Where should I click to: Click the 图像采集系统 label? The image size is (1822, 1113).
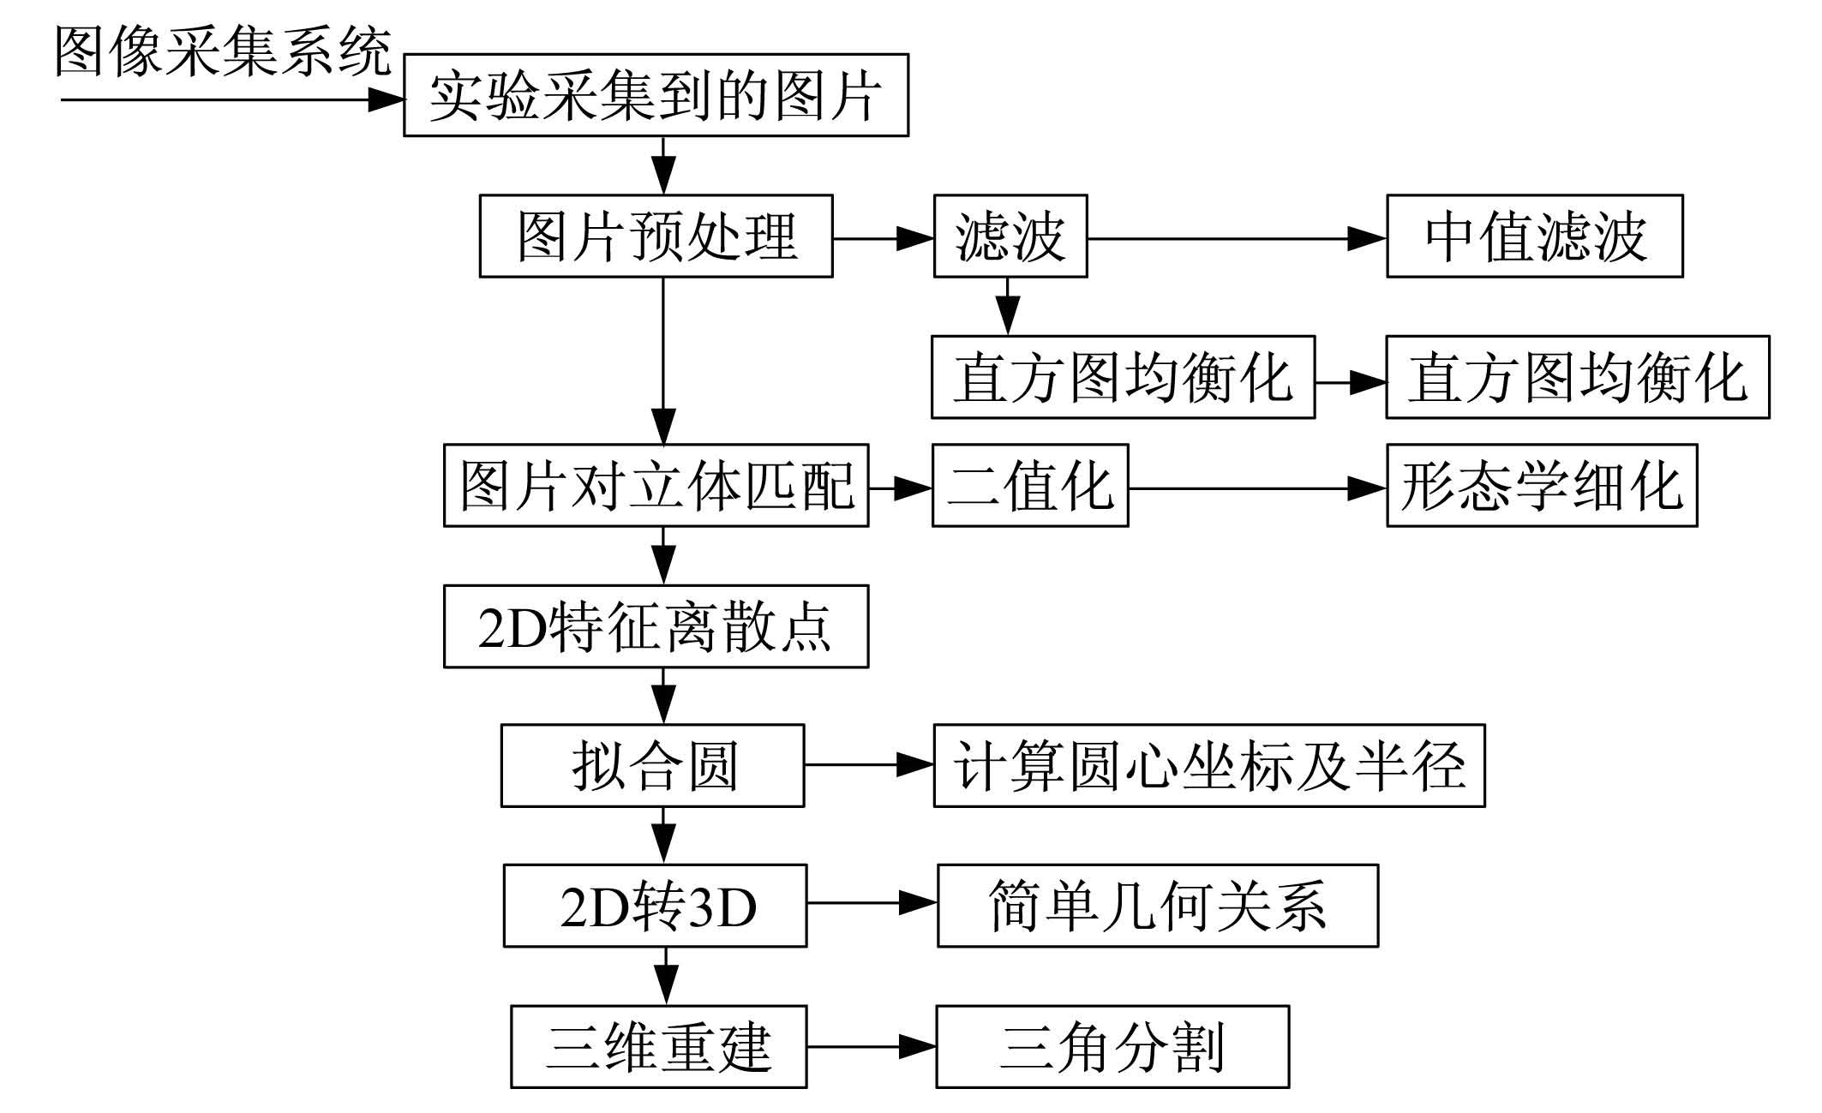(224, 51)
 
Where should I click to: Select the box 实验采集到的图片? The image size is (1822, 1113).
(656, 95)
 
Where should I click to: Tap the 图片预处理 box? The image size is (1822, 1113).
(656, 236)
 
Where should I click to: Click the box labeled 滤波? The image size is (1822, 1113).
(1010, 236)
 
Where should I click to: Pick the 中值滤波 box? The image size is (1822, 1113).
(1535, 236)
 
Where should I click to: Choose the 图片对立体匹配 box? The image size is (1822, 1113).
(656, 485)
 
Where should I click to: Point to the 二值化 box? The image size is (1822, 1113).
(1030, 485)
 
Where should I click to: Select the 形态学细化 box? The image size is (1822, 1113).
(1542, 485)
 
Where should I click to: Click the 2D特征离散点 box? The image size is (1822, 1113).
(656, 626)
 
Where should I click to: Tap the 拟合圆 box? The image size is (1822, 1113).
(652, 766)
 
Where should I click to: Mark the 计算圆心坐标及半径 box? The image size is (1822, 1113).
(1209, 766)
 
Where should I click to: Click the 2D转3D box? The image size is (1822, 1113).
(655, 906)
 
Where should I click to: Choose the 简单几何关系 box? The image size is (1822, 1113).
(1158, 906)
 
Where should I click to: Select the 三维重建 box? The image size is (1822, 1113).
(658, 1047)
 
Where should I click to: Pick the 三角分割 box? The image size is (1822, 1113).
(1112, 1047)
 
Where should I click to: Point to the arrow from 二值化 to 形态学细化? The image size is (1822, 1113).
(1257, 488)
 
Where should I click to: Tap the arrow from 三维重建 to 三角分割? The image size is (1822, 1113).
(872, 1046)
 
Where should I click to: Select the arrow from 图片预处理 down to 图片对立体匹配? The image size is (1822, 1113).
(663, 361)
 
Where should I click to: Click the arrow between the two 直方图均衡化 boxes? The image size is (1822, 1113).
(1351, 382)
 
